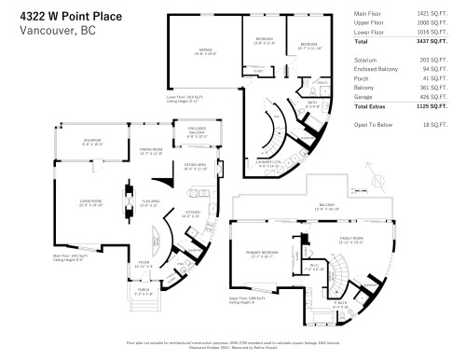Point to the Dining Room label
point(151,149)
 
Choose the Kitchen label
point(193,213)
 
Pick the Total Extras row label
point(373,107)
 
